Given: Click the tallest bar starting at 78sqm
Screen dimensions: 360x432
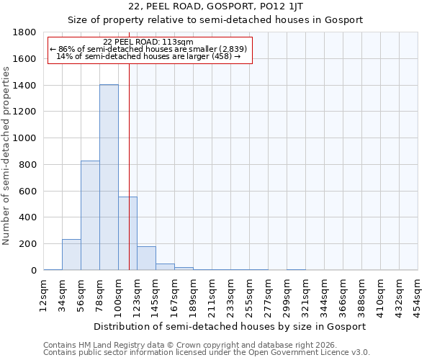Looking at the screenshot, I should tap(109, 177).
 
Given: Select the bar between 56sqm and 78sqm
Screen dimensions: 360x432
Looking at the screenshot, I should tap(90, 215).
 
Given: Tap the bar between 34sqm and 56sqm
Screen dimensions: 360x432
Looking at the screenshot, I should tap(71, 255).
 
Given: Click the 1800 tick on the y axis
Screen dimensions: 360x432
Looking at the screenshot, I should tap(25, 32).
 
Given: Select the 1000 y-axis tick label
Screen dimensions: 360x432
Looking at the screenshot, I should tap(25, 138).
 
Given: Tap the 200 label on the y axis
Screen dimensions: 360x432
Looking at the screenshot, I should tap(28, 244).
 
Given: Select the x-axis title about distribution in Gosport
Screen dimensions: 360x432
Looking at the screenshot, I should tap(230, 326).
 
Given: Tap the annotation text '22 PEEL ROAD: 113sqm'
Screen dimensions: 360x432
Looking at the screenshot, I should tap(148, 42).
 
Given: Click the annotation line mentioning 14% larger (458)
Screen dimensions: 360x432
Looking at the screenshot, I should tap(148, 56).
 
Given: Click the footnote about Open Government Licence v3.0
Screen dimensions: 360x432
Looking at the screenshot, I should tap(206, 353).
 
